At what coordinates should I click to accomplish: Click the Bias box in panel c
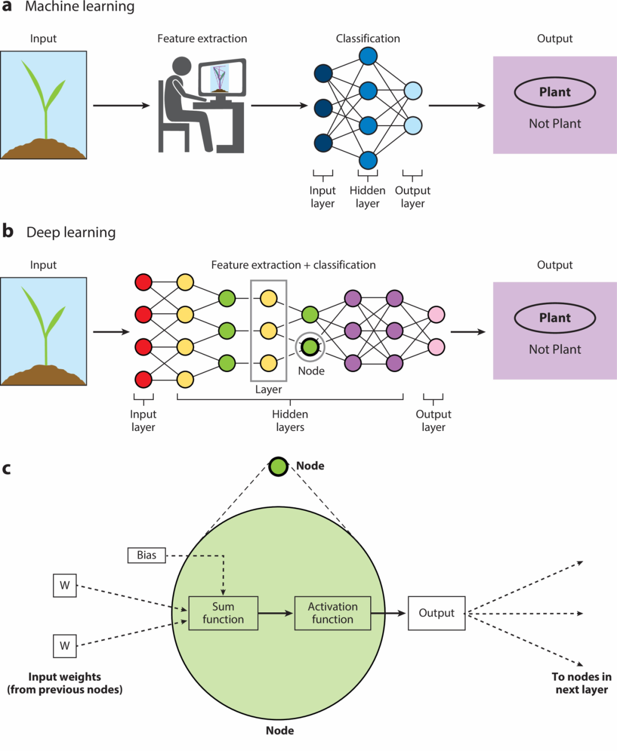[x=146, y=555]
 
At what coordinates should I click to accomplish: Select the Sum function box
[x=223, y=613]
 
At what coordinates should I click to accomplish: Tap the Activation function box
[x=332, y=613]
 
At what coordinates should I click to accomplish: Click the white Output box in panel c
[x=436, y=613]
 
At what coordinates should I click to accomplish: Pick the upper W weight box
[x=65, y=586]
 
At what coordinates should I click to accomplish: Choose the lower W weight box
[x=65, y=645]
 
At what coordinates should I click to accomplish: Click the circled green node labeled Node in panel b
[x=310, y=347]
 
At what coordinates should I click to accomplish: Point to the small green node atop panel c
[x=278, y=466]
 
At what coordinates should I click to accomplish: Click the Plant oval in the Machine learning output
[x=555, y=92]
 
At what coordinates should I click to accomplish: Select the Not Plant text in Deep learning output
[x=555, y=349]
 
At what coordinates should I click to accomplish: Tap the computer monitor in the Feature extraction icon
[x=222, y=77]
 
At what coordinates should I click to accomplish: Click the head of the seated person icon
[x=182, y=66]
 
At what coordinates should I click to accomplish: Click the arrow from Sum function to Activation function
[x=275, y=613]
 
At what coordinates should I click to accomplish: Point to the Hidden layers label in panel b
[x=290, y=421]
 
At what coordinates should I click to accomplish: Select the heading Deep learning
[x=71, y=232]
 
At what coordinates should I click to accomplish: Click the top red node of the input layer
[x=143, y=282]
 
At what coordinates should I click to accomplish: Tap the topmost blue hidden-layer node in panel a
[x=368, y=56]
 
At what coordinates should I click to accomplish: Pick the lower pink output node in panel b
[x=436, y=347]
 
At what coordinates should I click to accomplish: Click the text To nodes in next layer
[x=582, y=683]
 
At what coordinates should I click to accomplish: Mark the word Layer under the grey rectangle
[x=269, y=389]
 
